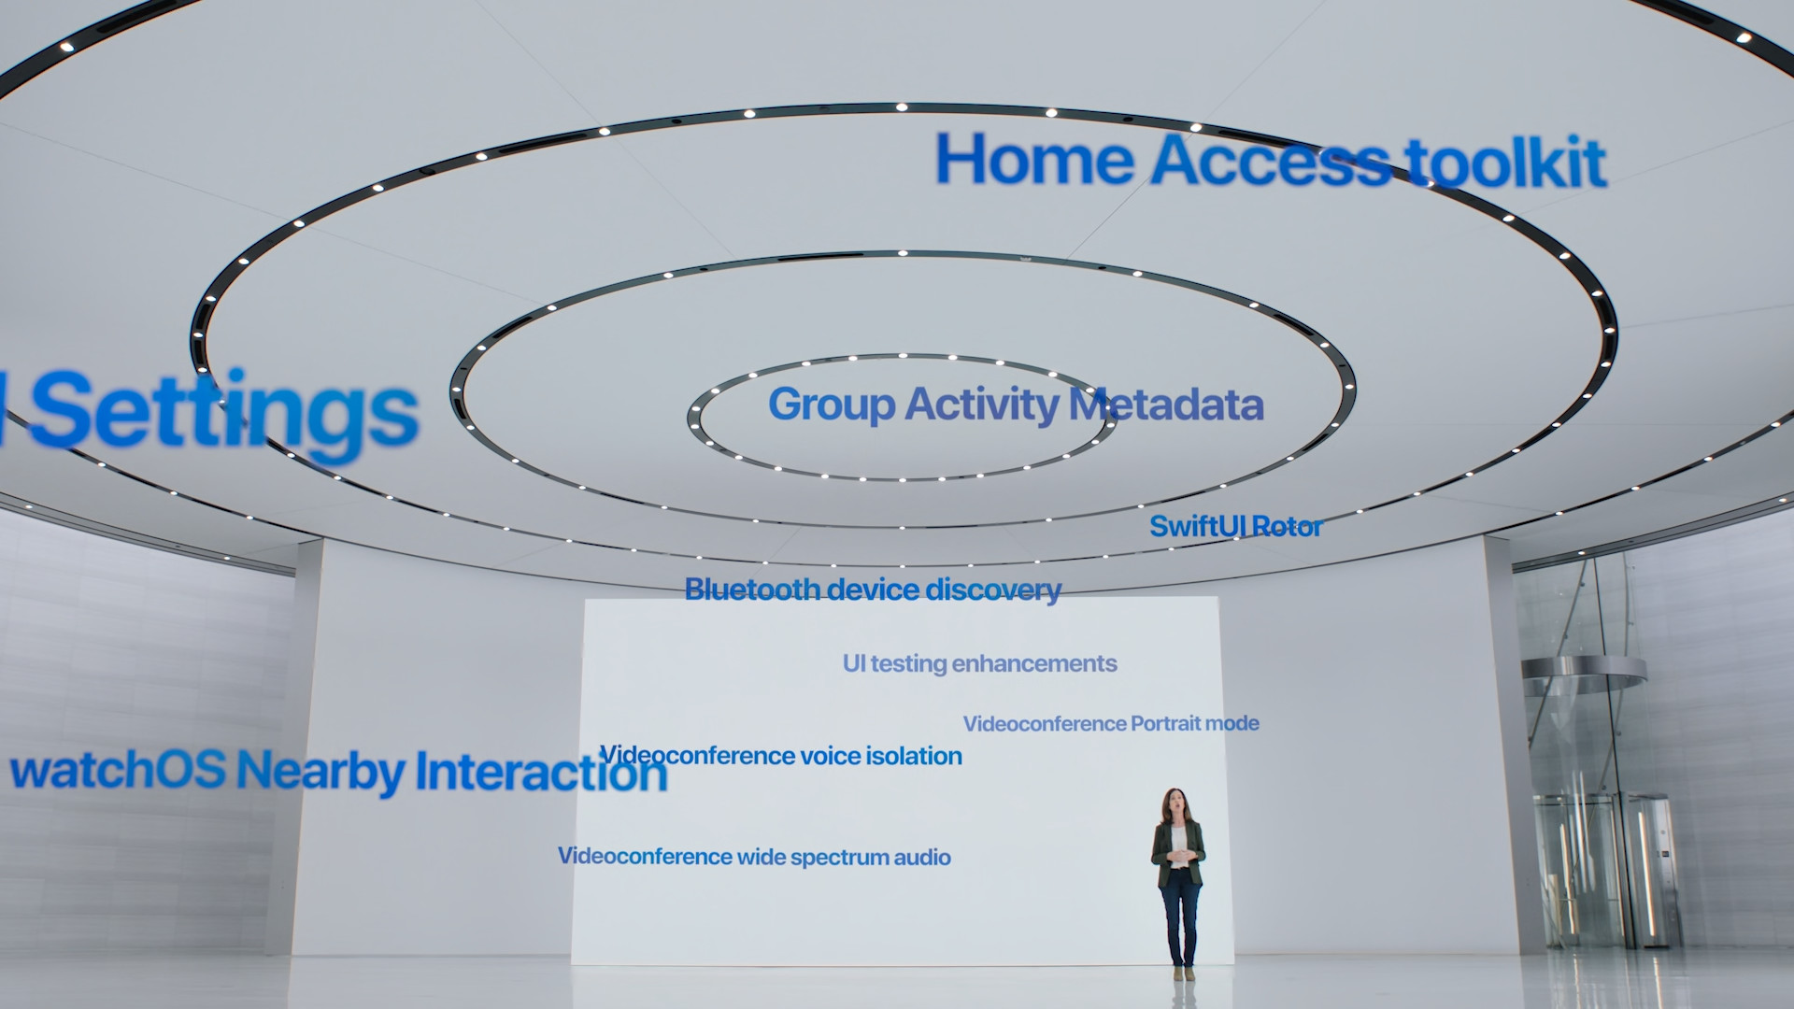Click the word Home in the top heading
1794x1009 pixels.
click(x=1034, y=159)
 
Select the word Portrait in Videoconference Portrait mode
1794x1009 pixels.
click(x=1162, y=723)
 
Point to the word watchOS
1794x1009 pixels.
click(x=118, y=770)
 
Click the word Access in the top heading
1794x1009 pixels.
click(x=1271, y=161)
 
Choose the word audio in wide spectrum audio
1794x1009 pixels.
click(x=922, y=857)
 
